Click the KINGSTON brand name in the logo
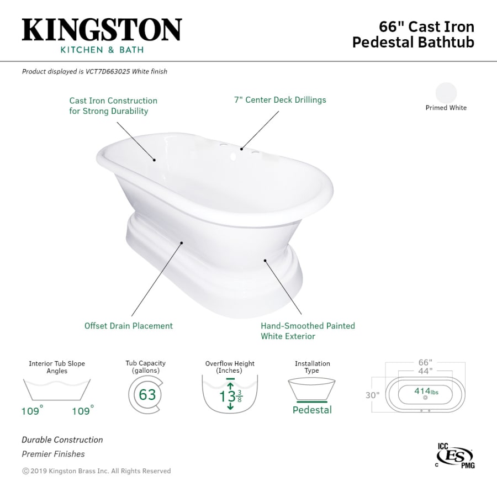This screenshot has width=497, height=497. (x=102, y=29)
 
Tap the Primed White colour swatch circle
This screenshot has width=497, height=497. (x=446, y=92)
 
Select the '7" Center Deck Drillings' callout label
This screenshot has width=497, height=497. (x=279, y=100)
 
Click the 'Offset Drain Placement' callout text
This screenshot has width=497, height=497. (x=128, y=326)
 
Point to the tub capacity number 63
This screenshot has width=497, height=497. (x=147, y=395)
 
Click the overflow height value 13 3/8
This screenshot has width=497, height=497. (x=230, y=396)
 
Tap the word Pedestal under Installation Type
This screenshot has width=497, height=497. (x=312, y=410)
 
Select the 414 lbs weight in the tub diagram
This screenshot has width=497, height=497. (x=425, y=392)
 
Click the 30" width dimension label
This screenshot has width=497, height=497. (x=372, y=395)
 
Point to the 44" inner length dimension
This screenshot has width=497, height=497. (x=424, y=371)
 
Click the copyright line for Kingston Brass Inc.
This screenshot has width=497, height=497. (x=96, y=471)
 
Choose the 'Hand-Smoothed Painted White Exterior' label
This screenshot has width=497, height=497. (x=308, y=331)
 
